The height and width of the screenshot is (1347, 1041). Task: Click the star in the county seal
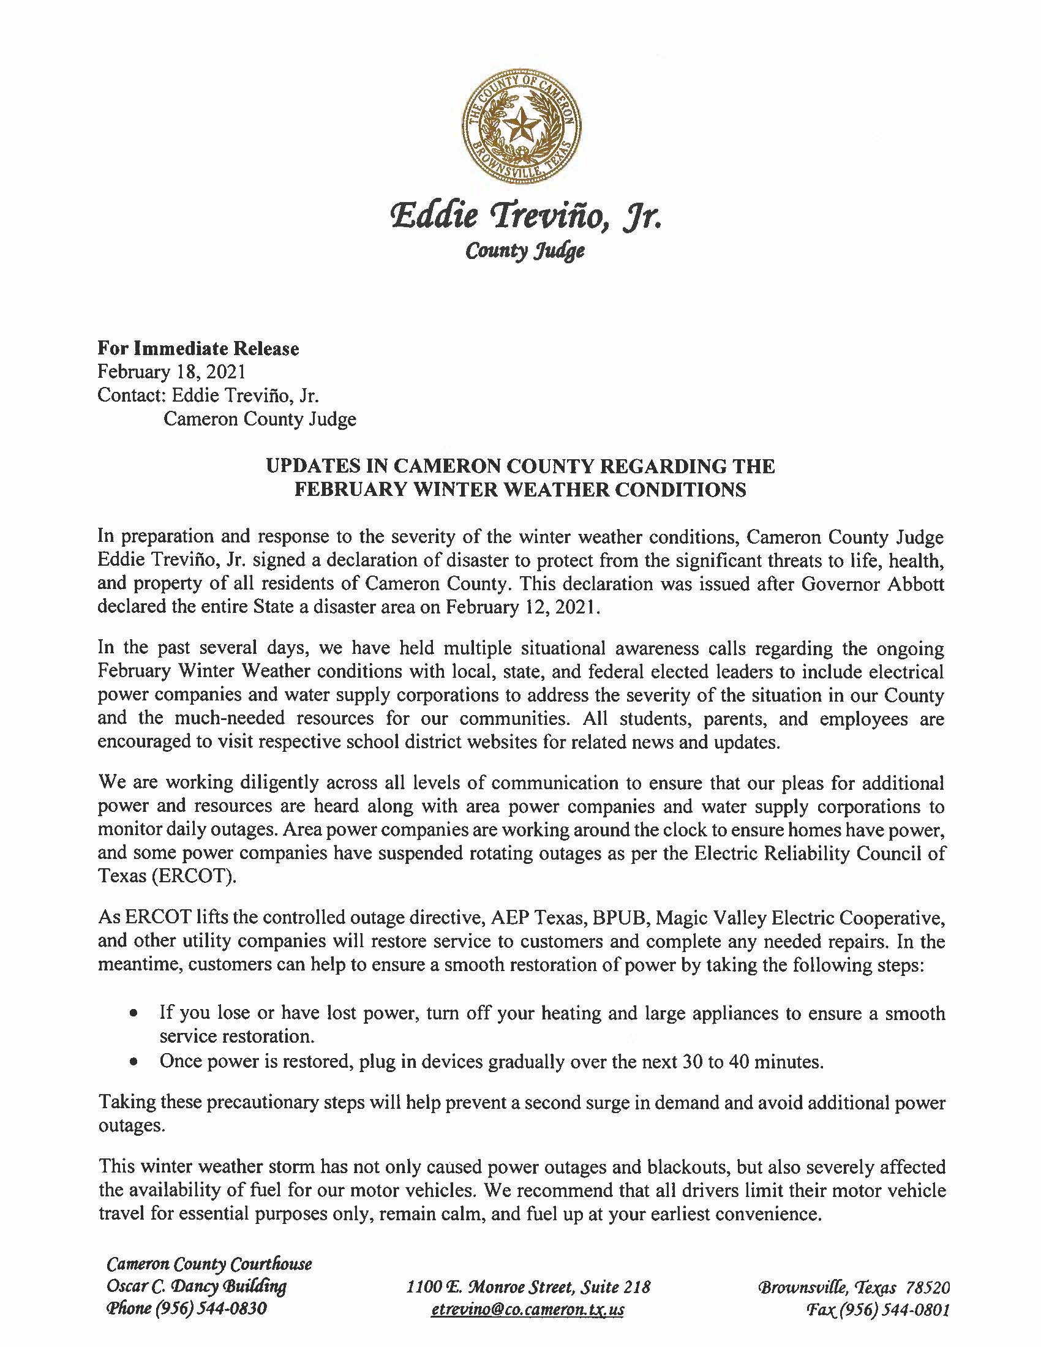coord(521,127)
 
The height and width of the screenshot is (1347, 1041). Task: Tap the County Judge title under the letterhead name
coord(524,251)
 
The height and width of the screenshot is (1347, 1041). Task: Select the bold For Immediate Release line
coord(198,349)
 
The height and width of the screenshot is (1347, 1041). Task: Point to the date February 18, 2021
coord(171,372)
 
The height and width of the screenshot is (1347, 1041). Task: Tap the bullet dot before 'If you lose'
coord(133,1014)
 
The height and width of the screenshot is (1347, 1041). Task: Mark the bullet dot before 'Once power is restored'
coord(133,1062)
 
